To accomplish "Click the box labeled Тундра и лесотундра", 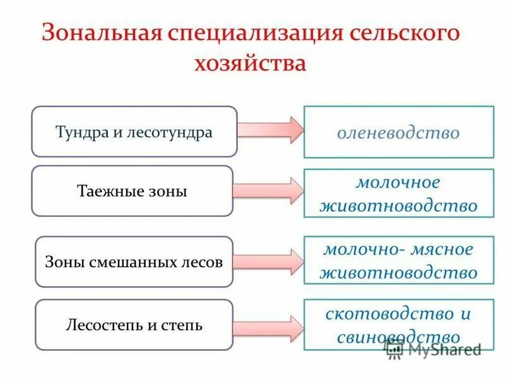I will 134,132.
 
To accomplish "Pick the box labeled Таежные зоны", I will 133,191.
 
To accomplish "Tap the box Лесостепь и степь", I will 134,325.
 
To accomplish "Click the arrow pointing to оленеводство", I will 271,129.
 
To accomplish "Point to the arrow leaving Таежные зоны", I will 268,190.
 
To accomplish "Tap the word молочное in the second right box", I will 398,183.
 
